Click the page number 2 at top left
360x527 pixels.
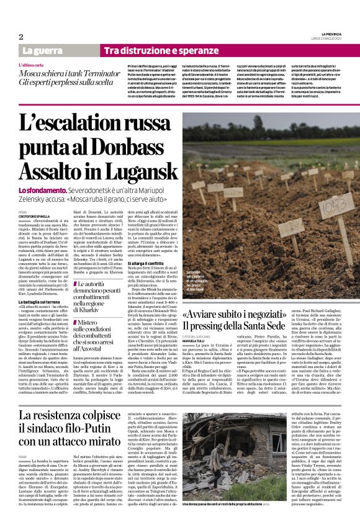point(20,37)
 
